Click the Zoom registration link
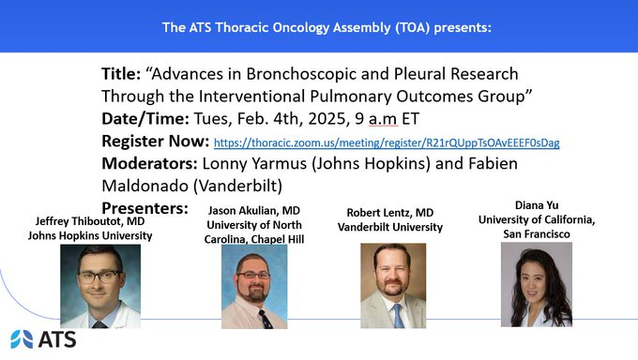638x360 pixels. pyautogui.click(x=387, y=143)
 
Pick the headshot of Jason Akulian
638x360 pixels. pyautogui.click(x=247, y=286)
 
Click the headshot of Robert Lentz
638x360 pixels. pyautogui.click(x=393, y=285)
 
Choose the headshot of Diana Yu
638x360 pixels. pyautogui.click(x=535, y=284)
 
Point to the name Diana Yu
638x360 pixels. pyautogui.click(x=536, y=204)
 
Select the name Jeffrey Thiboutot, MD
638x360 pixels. pyautogui.click(x=90, y=221)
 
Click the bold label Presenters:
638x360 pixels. pyautogui.click(x=145, y=207)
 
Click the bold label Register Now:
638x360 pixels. pyautogui.click(x=155, y=142)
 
